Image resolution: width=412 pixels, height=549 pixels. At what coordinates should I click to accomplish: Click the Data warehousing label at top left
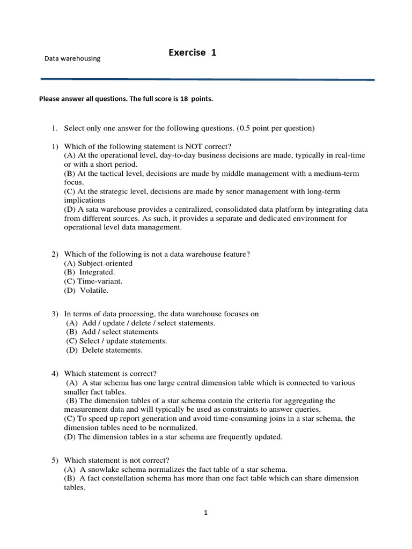(72, 58)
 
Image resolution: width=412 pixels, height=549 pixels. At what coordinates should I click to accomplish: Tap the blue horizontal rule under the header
(208, 79)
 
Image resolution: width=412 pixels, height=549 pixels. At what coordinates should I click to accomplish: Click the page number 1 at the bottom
(205, 513)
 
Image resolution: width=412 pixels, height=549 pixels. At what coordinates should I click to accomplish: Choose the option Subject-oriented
(105, 263)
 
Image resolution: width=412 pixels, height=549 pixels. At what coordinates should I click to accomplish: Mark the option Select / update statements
(123, 341)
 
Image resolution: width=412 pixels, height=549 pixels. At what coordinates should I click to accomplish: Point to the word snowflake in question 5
(105, 469)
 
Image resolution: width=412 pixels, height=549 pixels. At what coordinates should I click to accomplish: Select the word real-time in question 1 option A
(348, 155)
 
